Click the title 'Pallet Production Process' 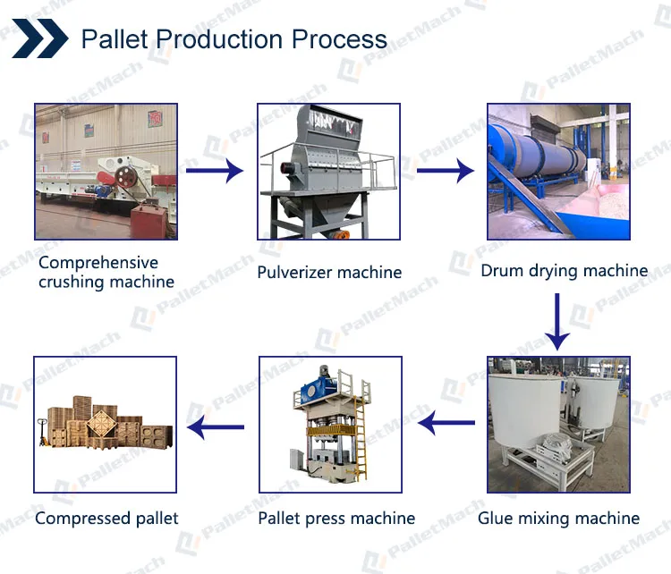[x=234, y=39]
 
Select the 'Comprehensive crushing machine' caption [x=106, y=272]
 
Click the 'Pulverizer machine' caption [x=329, y=272]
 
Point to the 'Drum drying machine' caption [x=564, y=270]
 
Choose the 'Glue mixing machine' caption [x=558, y=518]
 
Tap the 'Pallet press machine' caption [x=336, y=518]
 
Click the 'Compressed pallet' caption [x=106, y=518]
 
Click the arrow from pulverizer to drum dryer [x=445, y=170]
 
